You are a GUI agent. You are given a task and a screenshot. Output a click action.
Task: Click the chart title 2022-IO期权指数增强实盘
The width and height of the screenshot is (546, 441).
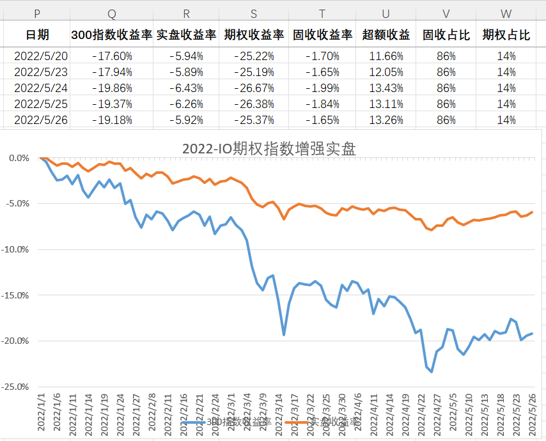[x=269, y=149]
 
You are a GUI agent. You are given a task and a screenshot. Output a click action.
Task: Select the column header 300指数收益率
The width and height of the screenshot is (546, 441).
[x=112, y=35]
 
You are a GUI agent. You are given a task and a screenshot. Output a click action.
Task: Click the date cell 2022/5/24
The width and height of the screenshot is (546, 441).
[x=41, y=88]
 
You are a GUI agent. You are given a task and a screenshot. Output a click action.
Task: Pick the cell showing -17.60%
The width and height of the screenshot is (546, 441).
[x=112, y=56]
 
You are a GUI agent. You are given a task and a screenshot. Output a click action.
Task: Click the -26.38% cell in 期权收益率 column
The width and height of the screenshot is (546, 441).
[x=254, y=104]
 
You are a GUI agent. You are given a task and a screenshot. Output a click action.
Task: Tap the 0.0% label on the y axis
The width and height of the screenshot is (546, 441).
[x=19, y=158]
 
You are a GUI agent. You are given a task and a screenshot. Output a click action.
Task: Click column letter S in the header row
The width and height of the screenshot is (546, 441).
[x=254, y=13]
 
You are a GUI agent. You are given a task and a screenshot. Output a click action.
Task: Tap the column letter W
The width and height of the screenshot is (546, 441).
[x=506, y=13]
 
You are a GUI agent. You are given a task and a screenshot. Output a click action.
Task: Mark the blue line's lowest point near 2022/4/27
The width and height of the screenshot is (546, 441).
[x=432, y=371]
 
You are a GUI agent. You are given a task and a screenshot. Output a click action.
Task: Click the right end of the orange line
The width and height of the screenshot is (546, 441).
[x=532, y=212]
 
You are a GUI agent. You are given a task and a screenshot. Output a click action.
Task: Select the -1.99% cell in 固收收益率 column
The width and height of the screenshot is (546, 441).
[x=322, y=88]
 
